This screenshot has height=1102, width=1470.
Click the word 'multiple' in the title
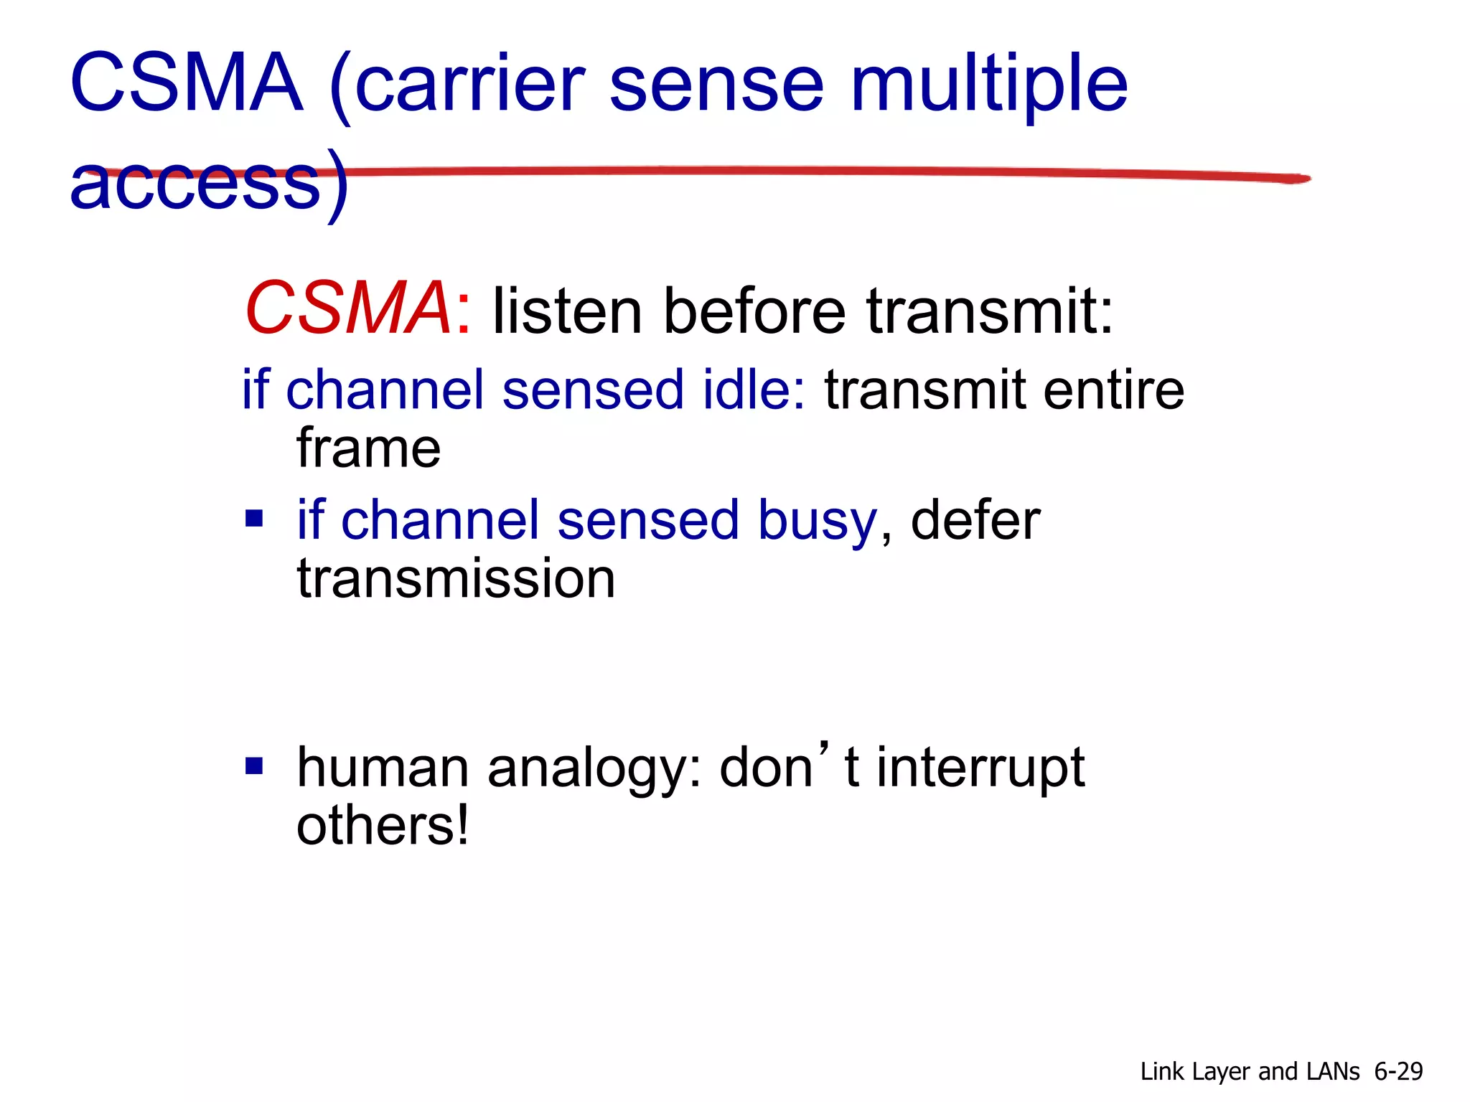click(989, 86)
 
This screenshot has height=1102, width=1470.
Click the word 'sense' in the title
click(716, 86)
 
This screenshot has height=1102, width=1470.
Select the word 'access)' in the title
click(208, 184)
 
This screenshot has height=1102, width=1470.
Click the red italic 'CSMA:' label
click(357, 309)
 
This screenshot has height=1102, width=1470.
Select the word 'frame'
click(368, 448)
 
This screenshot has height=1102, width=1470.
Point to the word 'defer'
click(975, 520)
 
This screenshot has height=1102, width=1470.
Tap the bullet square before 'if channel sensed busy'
click(254, 518)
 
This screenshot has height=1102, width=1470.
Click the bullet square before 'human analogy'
click(254, 766)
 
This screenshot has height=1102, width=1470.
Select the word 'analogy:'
click(594, 768)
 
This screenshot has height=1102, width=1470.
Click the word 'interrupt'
click(980, 768)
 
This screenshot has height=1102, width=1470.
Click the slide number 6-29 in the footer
click(1398, 1071)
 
